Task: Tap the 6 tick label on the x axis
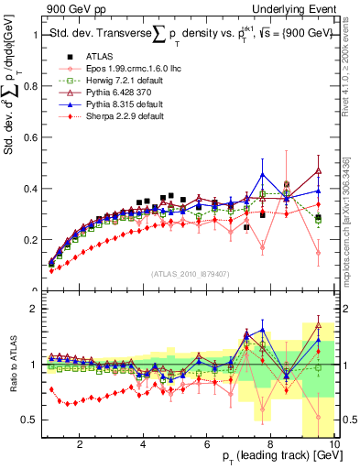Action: click(207, 444)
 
